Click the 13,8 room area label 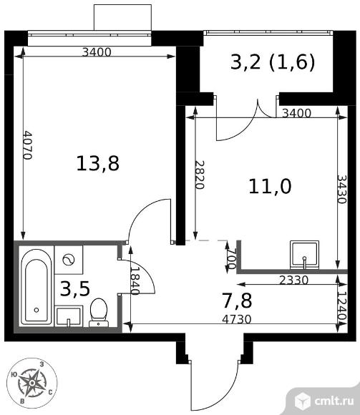pos(97,163)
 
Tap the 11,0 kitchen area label pos(270,186)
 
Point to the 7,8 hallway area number pos(238,301)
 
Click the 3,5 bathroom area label pos(75,289)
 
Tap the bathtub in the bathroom pos(37,287)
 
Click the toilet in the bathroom pos(99,312)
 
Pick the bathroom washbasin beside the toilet pos(69,316)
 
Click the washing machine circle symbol pos(69,260)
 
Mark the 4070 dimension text pos(27,145)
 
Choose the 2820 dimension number pos(200,175)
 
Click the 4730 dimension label pos(237,319)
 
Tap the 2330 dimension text pos(294,280)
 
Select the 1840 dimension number pos(135,280)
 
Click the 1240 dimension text pos(342,306)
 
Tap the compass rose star pos(31,383)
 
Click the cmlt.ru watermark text pos(334,401)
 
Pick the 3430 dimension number pos(341,189)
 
